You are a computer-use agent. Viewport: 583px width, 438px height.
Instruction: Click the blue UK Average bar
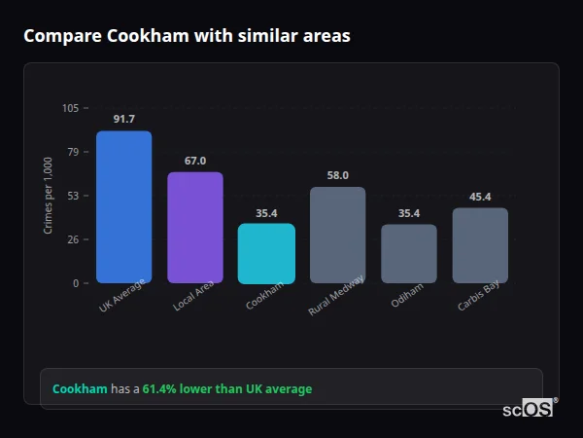click(x=123, y=206)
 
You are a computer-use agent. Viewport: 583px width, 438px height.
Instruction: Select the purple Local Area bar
click(x=195, y=228)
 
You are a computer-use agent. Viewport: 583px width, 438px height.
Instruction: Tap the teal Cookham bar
click(x=266, y=253)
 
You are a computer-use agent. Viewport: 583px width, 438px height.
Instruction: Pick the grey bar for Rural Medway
click(x=337, y=235)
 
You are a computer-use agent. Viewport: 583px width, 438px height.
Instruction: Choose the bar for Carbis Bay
click(x=480, y=245)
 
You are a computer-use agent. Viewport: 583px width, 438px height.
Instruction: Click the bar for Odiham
click(x=409, y=253)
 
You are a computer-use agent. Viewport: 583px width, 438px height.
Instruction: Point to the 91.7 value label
click(x=123, y=119)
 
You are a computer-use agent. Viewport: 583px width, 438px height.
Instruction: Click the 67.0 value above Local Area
click(x=195, y=161)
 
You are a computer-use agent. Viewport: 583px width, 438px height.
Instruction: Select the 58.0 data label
click(x=337, y=175)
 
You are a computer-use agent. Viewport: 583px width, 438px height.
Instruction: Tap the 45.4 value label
click(x=480, y=197)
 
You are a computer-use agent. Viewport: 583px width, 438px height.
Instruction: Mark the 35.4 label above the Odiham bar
click(x=409, y=213)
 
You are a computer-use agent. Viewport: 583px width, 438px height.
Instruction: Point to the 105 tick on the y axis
click(x=70, y=108)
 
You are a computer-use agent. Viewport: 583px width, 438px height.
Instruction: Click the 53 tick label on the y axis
click(x=73, y=196)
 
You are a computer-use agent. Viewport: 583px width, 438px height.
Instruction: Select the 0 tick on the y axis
click(x=76, y=283)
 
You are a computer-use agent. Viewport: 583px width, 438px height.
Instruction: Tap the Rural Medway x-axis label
click(x=336, y=294)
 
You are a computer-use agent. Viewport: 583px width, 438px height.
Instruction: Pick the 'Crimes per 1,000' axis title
click(x=49, y=196)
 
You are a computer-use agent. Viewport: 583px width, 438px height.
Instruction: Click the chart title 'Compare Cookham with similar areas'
click(x=187, y=36)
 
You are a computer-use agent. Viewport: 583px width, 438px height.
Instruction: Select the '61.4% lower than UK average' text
click(x=227, y=389)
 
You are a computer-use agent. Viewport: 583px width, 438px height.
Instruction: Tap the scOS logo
click(x=529, y=409)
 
